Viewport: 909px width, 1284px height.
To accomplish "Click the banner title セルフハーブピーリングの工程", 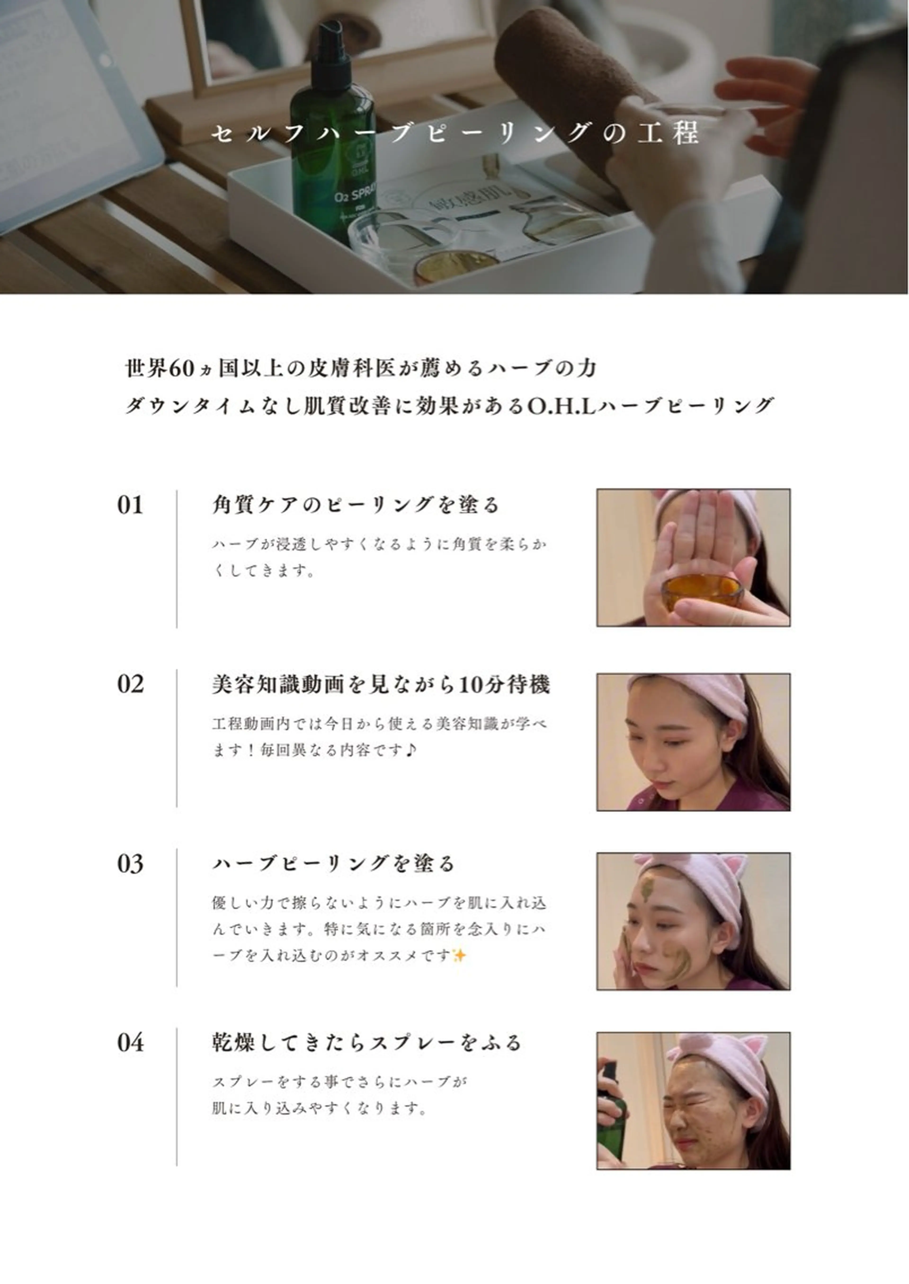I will click(x=454, y=133).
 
